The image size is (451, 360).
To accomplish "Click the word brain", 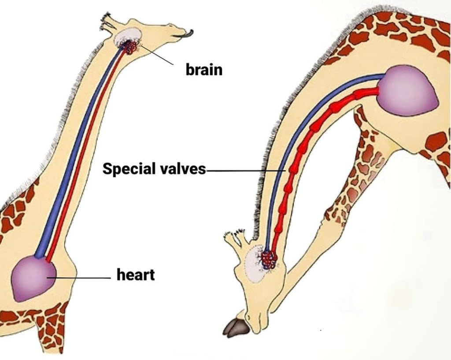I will pyautogui.click(x=204, y=69).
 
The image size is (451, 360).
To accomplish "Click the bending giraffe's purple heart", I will pyautogui.click(x=407, y=91).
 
